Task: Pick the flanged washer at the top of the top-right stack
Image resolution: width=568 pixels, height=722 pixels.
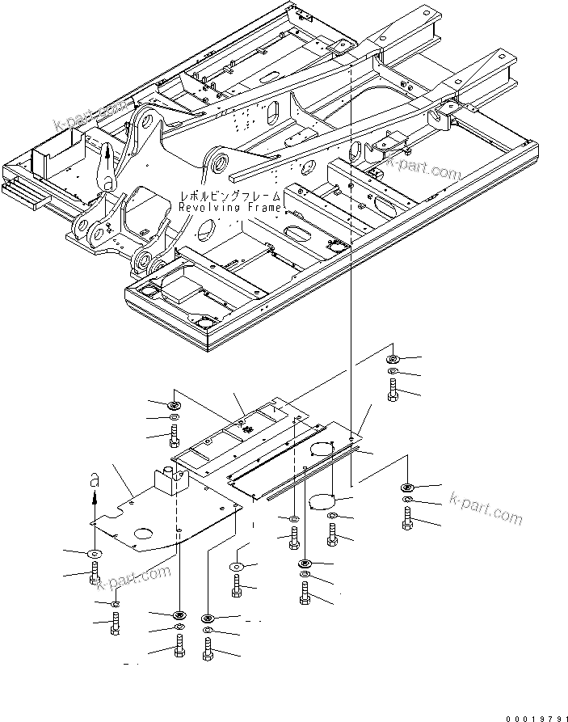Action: (392, 359)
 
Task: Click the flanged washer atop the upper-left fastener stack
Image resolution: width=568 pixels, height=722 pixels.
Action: (173, 404)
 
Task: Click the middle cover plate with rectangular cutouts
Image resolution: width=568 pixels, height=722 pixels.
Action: (234, 437)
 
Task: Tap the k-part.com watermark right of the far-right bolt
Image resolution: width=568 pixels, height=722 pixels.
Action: (485, 511)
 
